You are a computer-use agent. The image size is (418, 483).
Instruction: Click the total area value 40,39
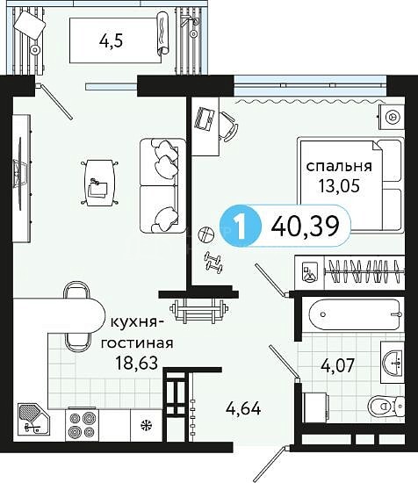point(306,226)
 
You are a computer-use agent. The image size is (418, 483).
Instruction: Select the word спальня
point(339,167)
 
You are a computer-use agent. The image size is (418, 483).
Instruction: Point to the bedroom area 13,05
point(339,185)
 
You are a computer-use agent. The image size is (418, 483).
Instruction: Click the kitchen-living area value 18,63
point(136,363)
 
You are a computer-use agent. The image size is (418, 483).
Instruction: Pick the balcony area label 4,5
point(112,41)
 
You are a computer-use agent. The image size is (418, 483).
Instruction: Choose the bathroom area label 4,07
point(338,365)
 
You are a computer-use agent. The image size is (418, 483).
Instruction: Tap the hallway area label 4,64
point(243,409)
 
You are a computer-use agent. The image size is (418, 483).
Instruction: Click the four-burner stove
point(83,424)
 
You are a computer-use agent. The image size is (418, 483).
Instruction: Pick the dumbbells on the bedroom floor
point(214,262)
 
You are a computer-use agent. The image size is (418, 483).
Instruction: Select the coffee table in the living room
point(100,183)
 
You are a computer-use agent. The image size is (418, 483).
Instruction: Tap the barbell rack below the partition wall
point(199,311)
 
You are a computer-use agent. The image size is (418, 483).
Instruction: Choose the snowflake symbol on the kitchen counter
point(145,426)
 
